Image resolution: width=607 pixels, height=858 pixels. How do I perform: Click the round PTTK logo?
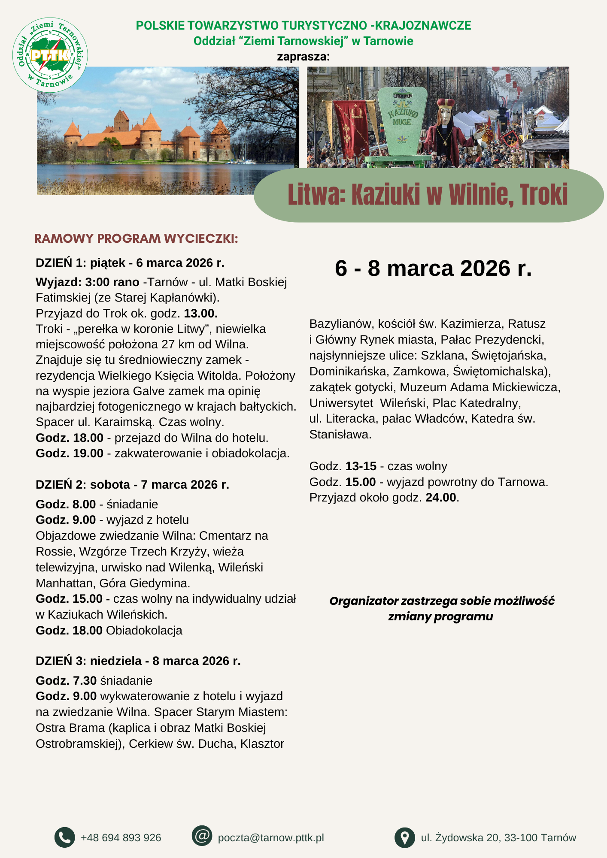pyautogui.click(x=50, y=54)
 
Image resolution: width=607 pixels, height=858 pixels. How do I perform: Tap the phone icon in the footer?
pyautogui.click(x=64, y=837)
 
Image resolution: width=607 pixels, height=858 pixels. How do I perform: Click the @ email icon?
pyautogui.click(x=202, y=836)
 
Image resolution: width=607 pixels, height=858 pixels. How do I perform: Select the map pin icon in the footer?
pyautogui.click(x=404, y=837)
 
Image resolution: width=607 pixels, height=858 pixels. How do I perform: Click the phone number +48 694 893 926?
pyautogui.click(x=121, y=838)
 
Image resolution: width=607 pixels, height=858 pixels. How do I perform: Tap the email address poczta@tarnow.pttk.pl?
pyautogui.click(x=271, y=838)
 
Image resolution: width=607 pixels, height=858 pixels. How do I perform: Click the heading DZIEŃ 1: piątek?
pyautogui.click(x=130, y=263)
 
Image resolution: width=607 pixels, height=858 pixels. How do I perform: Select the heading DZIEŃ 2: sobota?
pyautogui.click(x=132, y=484)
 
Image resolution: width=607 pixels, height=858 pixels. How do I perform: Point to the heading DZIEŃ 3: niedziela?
pyautogui.click(x=138, y=661)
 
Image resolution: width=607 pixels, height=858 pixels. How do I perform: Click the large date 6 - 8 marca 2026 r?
pyautogui.click(x=433, y=268)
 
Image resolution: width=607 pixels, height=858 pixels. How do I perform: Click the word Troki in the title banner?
pyautogui.click(x=543, y=195)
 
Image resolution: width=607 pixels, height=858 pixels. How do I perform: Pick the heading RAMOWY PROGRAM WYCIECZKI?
pyautogui.click(x=136, y=239)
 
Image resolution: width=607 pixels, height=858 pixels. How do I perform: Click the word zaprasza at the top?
pyautogui.click(x=303, y=57)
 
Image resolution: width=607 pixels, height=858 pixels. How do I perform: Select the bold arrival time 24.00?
pyautogui.click(x=440, y=498)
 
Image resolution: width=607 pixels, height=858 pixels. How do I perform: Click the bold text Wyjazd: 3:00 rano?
pyautogui.click(x=88, y=282)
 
